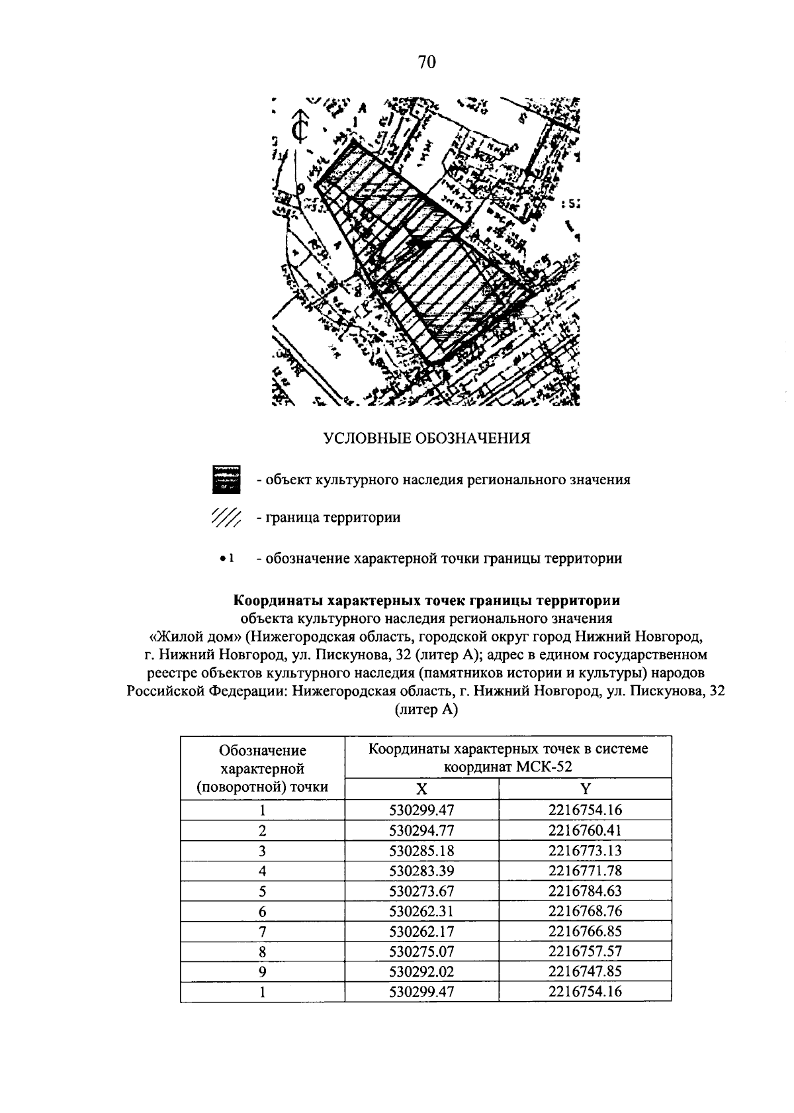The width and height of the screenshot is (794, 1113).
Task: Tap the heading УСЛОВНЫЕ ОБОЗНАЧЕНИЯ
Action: pos(427,438)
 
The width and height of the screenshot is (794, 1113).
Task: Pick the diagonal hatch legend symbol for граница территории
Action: pos(226,518)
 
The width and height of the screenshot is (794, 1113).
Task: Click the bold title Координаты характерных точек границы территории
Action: pos(427,601)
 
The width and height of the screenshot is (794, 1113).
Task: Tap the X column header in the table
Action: pos(421,789)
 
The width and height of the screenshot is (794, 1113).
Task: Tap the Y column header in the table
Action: pos(585,789)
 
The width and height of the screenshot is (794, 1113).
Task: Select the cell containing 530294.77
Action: pos(421,830)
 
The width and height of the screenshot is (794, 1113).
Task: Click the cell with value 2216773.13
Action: pos(585,850)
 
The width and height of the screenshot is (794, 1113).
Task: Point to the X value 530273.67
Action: pos(421,891)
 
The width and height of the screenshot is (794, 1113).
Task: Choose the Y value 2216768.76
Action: pos(585,911)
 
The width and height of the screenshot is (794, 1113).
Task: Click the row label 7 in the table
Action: pos(262,932)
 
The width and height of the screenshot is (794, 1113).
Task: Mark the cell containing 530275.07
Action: pos(421,951)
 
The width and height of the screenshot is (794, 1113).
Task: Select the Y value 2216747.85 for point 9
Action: pos(585,972)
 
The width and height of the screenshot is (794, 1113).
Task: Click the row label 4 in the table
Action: pos(262,871)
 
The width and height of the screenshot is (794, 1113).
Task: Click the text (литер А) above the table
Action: pos(427,710)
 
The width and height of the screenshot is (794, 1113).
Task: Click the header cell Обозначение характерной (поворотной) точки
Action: pos(262,769)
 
